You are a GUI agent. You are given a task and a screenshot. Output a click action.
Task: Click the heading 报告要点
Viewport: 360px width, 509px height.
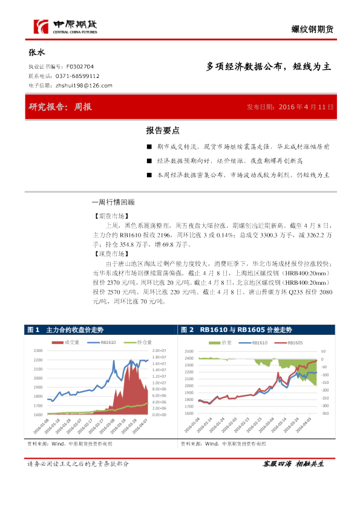[x=163, y=131]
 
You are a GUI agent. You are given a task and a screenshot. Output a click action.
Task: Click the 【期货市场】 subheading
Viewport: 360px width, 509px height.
[x=109, y=215]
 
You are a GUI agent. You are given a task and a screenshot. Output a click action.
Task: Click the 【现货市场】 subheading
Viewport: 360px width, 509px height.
[x=109, y=255]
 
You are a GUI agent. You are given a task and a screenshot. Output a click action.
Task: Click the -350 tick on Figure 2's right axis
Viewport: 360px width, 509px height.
[x=325, y=415]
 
